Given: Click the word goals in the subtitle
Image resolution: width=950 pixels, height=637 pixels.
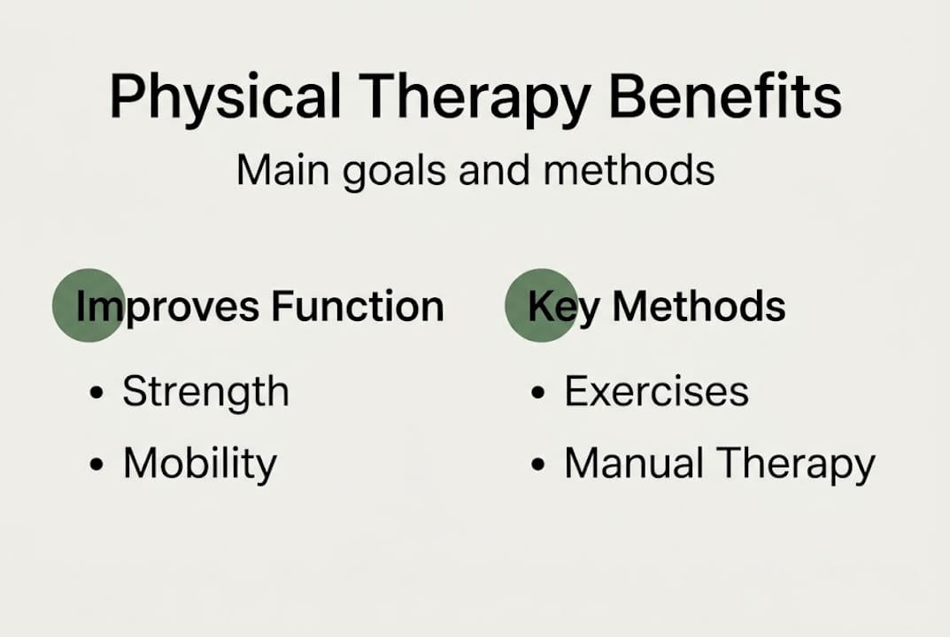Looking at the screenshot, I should (397, 170).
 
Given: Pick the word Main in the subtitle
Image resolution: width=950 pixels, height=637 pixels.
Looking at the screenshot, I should (284, 168).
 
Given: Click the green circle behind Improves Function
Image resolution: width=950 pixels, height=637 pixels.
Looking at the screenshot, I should (87, 305).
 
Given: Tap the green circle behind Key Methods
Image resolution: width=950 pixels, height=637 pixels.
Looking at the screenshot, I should (540, 305).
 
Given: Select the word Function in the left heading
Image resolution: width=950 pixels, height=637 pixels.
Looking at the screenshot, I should (358, 306).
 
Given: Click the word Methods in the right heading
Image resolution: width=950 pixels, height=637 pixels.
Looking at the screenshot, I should (699, 306).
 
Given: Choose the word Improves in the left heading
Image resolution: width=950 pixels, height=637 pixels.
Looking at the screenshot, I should (168, 307).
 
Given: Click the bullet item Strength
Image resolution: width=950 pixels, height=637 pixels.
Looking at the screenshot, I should (205, 392).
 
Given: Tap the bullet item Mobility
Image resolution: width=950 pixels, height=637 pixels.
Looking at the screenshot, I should (199, 464).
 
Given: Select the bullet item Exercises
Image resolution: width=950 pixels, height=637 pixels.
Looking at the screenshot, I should (656, 392).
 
